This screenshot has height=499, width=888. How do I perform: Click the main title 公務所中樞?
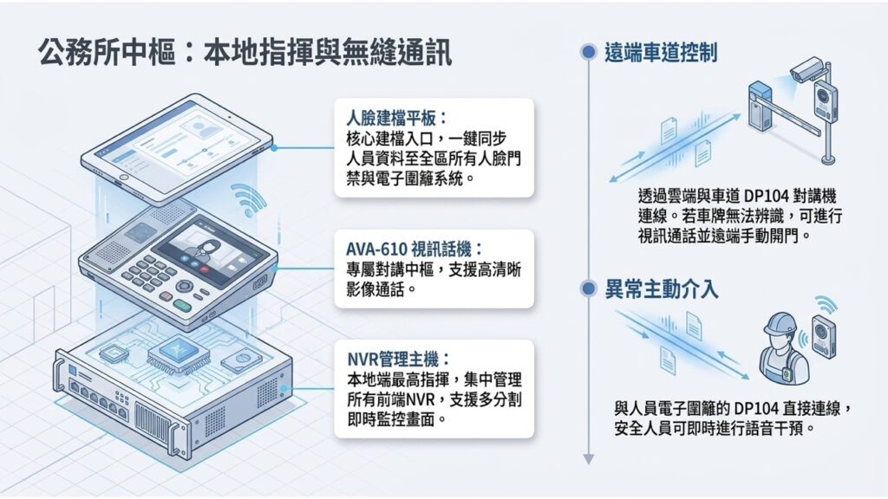tap(107, 53)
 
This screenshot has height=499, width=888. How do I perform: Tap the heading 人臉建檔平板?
tap(391, 118)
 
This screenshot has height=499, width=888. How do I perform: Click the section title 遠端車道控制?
tap(661, 53)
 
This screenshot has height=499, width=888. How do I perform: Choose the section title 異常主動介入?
tap(662, 289)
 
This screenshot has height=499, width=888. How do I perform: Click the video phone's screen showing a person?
tap(210, 249)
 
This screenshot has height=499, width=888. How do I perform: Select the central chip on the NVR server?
tap(178, 353)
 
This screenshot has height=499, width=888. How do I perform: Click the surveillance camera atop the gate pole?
tap(806, 69)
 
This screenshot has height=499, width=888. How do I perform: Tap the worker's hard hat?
tap(780, 324)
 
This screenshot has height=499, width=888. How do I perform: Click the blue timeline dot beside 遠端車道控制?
tap(589, 52)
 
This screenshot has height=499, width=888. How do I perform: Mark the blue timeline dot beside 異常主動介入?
tap(589, 288)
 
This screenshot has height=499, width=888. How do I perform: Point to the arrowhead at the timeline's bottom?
tap(589, 459)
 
